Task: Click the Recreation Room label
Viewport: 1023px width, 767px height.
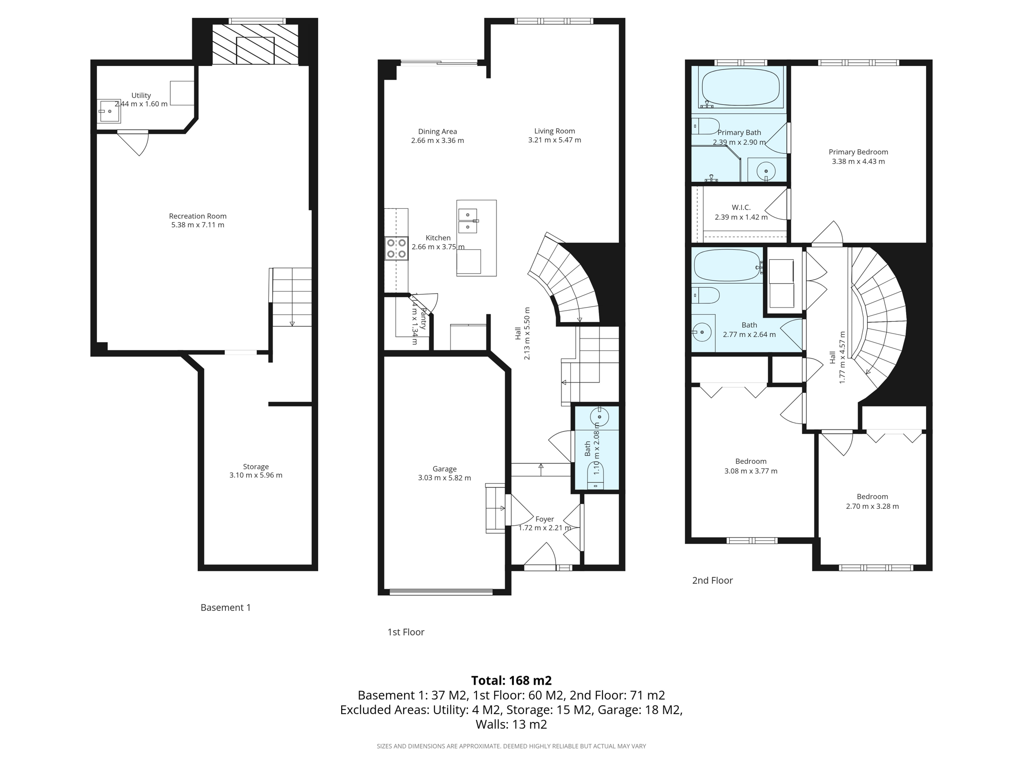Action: click(x=198, y=216)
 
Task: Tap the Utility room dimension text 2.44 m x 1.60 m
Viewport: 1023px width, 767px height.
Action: click(x=141, y=104)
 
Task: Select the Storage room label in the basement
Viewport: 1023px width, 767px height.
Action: click(x=256, y=467)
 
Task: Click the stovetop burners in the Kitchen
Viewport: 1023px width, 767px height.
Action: click(x=396, y=249)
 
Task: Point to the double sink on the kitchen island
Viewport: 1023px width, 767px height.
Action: click(x=468, y=221)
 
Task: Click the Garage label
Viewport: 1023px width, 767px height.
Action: click(x=445, y=469)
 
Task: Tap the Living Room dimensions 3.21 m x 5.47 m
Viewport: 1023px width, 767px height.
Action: click(x=554, y=140)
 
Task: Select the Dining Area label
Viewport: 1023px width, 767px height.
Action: click(x=438, y=132)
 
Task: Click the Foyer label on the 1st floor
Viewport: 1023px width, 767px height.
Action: click(x=544, y=519)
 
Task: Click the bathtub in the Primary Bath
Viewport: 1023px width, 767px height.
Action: click(x=740, y=87)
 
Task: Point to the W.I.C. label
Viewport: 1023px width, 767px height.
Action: click(x=741, y=207)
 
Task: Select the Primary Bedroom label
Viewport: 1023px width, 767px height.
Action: click(x=858, y=152)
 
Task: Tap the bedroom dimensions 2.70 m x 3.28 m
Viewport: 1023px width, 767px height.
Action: click(x=872, y=506)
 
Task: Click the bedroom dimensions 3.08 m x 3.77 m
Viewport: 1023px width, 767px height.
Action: click(x=751, y=471)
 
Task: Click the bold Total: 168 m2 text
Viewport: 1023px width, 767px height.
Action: click(x=511, y=681)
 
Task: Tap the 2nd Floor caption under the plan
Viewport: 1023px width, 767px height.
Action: click(x=712, y=580)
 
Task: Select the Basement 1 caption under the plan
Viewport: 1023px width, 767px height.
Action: click(x=226, y=608)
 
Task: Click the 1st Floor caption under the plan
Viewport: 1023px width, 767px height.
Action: click(x=406, y=632)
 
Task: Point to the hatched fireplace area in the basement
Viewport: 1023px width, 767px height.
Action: click(x=255, y=45)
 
